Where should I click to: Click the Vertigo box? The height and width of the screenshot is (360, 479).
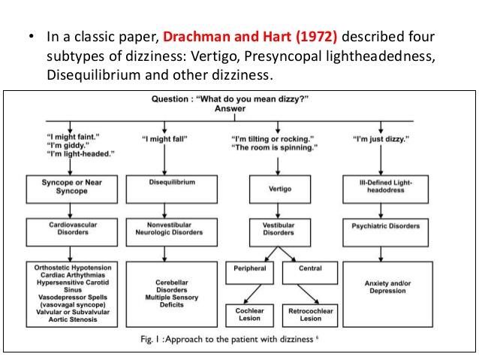pyautogui.click(x=279, y=189)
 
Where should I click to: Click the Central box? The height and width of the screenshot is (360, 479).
pyautogui.click(x=311, y=268)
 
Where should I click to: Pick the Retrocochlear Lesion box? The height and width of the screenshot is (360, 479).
pyautogui.click(x=311, y=313)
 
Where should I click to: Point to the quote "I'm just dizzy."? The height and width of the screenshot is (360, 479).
pyautogui.click(x=381, y=138)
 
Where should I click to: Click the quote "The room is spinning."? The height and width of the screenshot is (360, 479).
pyautogui.click(x=275, y=147)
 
